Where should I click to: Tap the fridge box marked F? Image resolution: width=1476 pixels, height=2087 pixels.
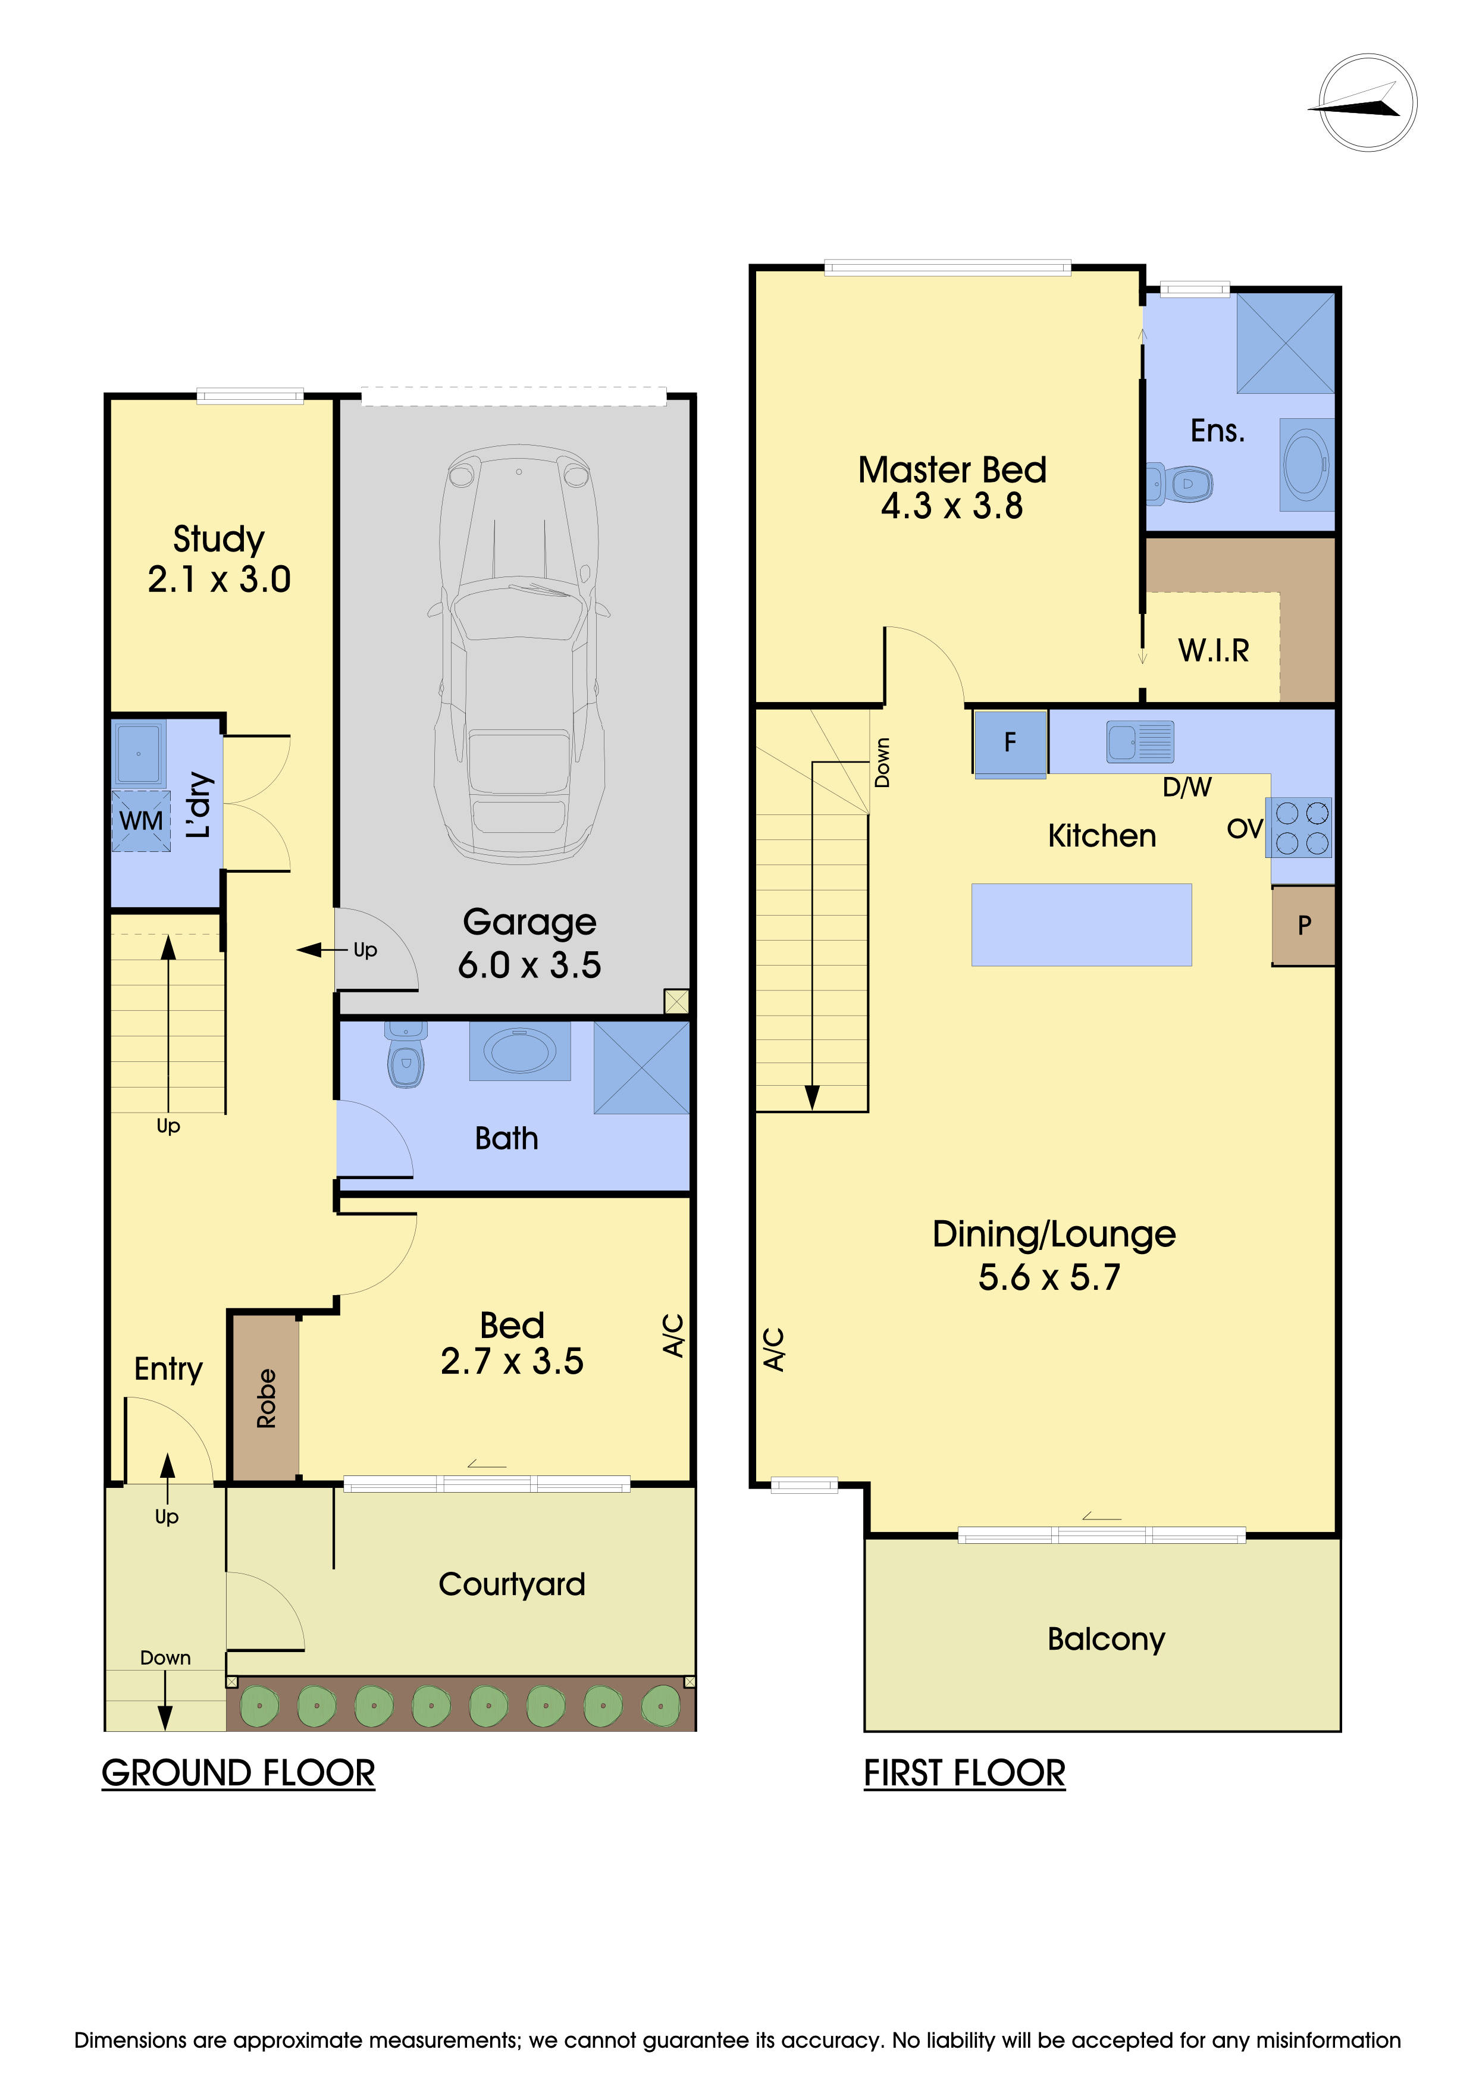coord(1010,744)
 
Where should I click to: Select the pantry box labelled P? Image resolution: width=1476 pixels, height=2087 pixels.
coord(1303,925)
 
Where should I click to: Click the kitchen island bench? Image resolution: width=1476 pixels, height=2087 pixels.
coord(1082,925)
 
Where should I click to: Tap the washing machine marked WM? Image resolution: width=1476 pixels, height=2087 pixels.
coord(141,821)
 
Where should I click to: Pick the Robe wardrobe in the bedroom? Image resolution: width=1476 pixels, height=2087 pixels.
coord(265,1398)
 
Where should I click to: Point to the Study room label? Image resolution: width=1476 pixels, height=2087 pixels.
coord(219,538)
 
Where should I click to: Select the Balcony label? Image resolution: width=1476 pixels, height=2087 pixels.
coord(1106,1639)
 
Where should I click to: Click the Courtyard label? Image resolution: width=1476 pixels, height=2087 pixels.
coord(512,1584)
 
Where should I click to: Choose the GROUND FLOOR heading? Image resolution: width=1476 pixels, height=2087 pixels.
coord(238,1773)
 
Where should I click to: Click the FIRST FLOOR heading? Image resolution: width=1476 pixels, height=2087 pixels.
coord(964,1773)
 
